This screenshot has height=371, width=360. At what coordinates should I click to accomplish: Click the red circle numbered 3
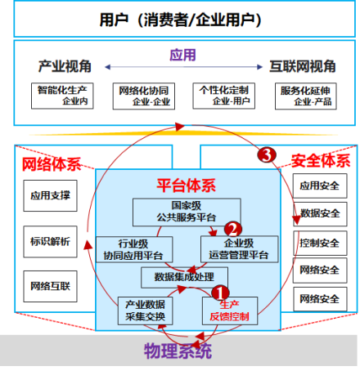click(267, 154)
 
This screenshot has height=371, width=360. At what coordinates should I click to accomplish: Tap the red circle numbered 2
click(233, 229)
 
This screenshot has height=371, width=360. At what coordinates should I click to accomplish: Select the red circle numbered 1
click(220, 293)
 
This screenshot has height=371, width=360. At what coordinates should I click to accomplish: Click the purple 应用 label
click(182, 55)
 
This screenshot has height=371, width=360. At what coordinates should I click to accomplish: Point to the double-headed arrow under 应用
click(184, 67)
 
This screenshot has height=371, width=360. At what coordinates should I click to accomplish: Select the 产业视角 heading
click(65, 66)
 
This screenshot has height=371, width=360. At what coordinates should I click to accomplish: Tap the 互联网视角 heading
click(303, 66)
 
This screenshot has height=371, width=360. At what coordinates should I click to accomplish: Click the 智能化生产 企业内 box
click(62, 96)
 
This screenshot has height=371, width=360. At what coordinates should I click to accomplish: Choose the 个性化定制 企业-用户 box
click(223, 96)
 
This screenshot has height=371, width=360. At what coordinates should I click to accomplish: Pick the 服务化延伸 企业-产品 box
click(305, 96)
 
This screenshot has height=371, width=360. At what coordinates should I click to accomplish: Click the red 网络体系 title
click(52, 164)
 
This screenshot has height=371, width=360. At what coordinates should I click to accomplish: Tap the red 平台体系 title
click(187, 185)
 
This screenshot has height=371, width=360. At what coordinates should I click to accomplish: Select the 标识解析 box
click(50, 242)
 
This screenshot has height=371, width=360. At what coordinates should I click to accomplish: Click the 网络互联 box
click(50, 286)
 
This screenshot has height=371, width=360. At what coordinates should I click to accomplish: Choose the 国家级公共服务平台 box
click(187, 212)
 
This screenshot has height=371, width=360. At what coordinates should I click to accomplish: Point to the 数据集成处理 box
click(184, 277)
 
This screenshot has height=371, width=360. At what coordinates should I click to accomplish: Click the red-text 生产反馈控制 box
click(230, 311)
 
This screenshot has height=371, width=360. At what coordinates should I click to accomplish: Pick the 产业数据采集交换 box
click(145, 311)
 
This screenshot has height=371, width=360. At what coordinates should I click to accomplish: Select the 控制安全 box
click(320, 243)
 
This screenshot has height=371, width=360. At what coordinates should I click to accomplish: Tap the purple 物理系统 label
click(178, 351)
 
